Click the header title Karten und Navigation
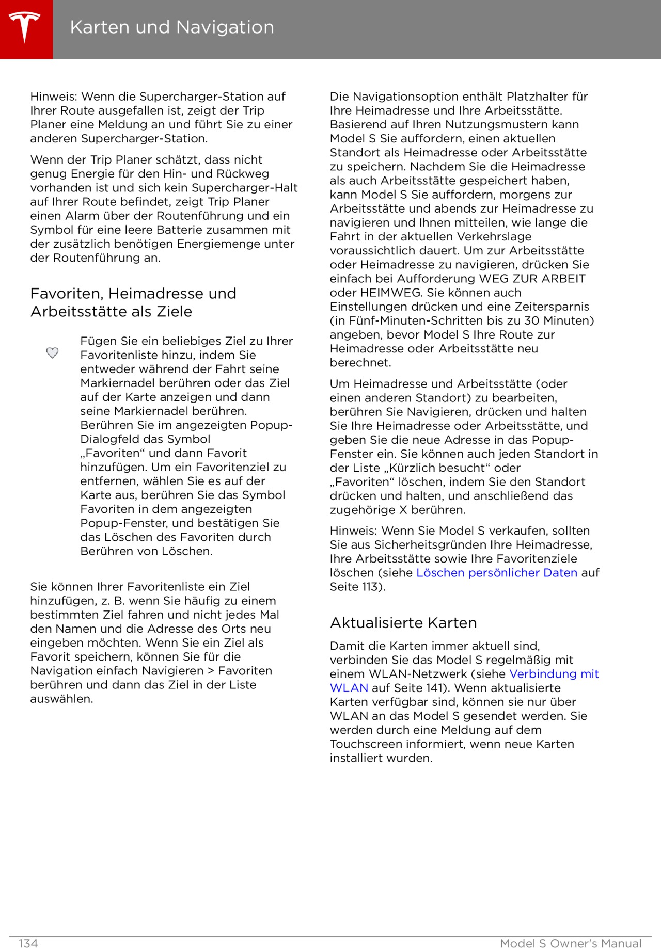coord(172,27)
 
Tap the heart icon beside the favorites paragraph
coord(53,353)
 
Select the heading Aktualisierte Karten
coord(403,623)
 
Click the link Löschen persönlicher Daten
coord(497,573)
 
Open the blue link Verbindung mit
coord(554,674)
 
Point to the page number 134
coord(28,943)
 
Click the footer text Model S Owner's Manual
coord(571,943)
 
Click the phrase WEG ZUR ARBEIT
coord(532,279)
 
